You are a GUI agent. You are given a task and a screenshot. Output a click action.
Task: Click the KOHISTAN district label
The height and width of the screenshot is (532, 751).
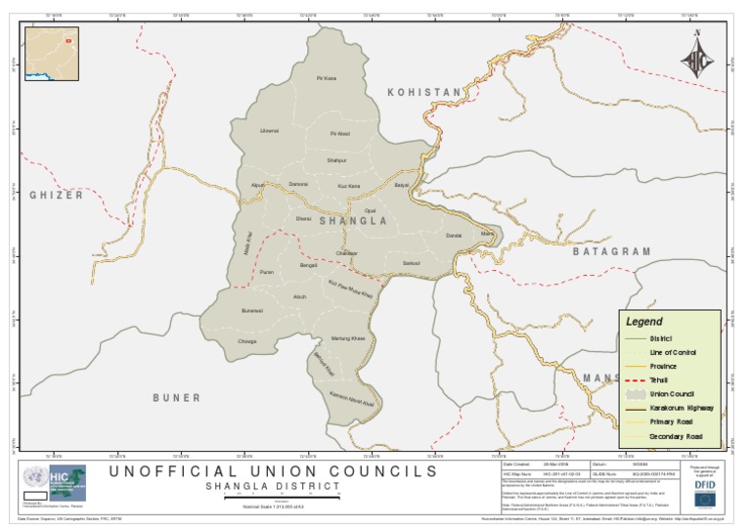[424, 93]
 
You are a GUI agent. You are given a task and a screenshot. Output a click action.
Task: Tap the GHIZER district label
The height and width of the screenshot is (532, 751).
[56, 196]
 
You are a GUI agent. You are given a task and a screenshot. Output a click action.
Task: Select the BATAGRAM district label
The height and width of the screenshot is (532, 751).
[611, 251]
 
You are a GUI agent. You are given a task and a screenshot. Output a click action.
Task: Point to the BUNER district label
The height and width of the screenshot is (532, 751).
[176, 398]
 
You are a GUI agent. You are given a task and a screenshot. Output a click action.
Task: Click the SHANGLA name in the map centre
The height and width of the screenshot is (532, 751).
[353, 221]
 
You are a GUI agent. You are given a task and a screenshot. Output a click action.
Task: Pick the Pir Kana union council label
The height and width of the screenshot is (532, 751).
[327, 78]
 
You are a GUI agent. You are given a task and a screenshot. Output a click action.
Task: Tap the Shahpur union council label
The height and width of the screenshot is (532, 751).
[336, 159]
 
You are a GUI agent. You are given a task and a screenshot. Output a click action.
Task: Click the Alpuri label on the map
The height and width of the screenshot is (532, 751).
[259, 184]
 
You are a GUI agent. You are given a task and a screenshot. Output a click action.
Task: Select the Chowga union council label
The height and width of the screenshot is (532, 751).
[247, 341]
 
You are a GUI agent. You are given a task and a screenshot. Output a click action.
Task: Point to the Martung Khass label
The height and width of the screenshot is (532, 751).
[348, 337]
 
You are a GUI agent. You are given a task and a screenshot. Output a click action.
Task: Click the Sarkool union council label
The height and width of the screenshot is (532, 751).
[412, 263]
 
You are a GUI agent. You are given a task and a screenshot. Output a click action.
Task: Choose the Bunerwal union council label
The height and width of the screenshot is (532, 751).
[252, 310]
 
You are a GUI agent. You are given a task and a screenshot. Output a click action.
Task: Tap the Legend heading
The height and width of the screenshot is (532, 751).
[643, 321]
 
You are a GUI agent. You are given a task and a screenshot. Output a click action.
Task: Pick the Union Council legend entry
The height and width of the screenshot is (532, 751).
[670, 393]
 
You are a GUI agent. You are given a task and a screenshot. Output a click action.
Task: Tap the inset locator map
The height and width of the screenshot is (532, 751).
[52, 54]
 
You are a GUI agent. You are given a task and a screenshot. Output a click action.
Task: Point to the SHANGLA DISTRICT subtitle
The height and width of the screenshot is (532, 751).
[273, 486]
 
